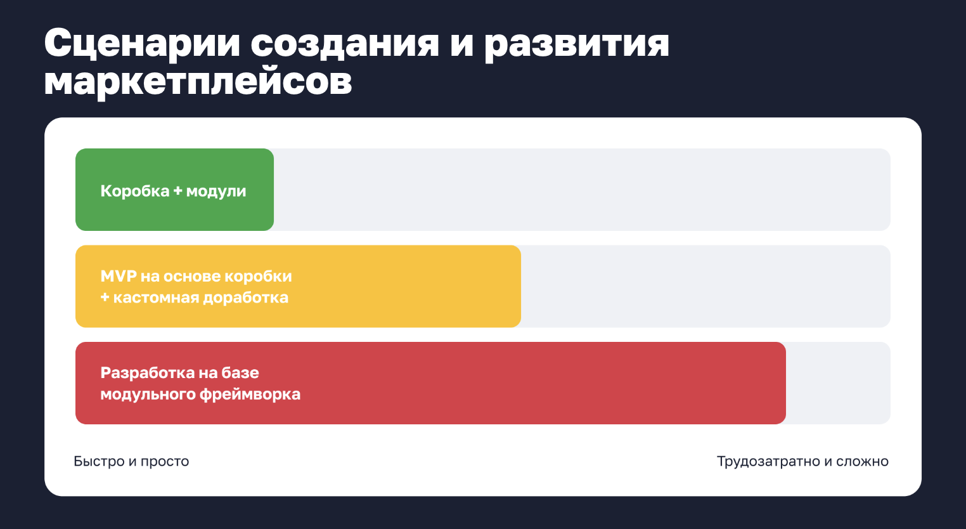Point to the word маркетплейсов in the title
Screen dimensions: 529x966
[x=198, y=82]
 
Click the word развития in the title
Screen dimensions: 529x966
[x=576, y=44]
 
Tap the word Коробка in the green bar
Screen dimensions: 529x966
[x=135, y=191]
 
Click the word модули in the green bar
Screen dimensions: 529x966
[x=216, y=192]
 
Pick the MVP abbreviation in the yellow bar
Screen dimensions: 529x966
[x=119, y=276]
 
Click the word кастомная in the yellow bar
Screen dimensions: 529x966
[x=154, y=297]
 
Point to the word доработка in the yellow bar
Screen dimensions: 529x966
[x=244, y=297]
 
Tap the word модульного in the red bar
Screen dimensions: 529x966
[x=148, y=395]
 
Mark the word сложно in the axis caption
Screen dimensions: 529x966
[x=862, y=462]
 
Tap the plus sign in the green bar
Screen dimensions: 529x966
[x=177, y=191]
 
